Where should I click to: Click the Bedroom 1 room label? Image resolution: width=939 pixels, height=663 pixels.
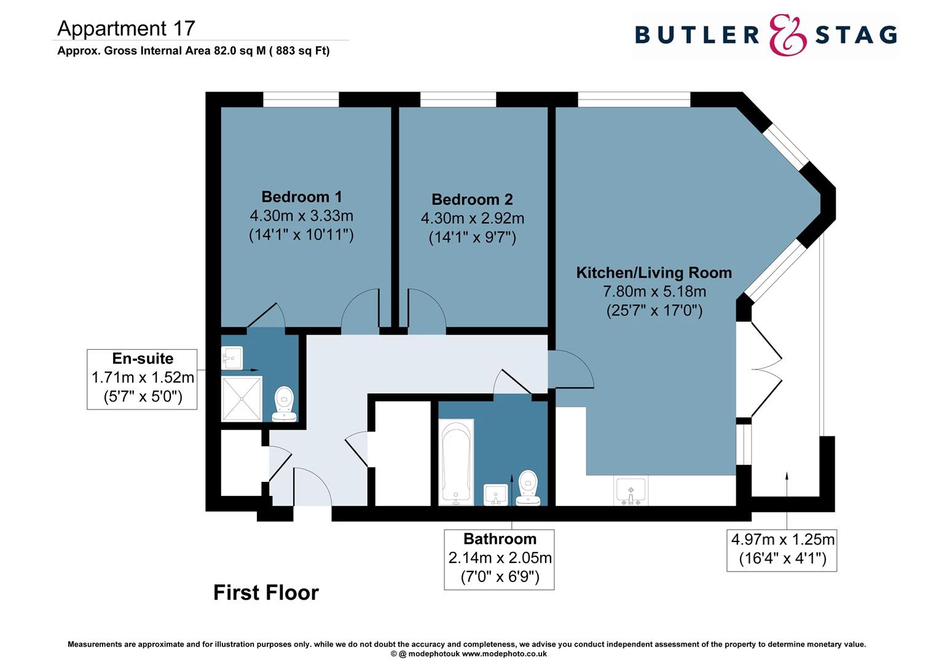click(x=301, y=197)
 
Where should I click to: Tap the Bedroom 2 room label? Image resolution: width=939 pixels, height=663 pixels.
click(x=472, y=200)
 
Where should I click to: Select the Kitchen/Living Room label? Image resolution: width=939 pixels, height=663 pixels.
click(x=654, y=273)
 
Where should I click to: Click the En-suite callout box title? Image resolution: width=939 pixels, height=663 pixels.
click(x=143, y=359)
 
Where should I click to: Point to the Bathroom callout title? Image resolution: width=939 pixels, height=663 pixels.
click(x=500, y=539)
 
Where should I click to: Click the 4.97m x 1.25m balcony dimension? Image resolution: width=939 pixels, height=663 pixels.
click(x=782, y=540)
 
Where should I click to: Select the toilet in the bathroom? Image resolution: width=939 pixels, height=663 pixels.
click(x=528, y=487)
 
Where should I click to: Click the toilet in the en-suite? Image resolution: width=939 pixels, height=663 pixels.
click(x=284, y=403)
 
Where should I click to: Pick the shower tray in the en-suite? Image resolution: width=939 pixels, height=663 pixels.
click(x=242, y=398)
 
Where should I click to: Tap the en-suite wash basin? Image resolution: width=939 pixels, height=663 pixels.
click(x=232, y=358)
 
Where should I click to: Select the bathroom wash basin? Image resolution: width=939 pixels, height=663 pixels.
click(x=496, y=494)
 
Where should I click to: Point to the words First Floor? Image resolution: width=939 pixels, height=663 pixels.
click(x=265, y=593)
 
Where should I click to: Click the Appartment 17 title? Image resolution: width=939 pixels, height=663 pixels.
click(x=126, y=28)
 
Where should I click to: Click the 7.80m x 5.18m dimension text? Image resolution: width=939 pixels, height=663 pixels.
click(x=654, y=292)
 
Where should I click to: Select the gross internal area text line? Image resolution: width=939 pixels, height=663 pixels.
click(x=193, y=51)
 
